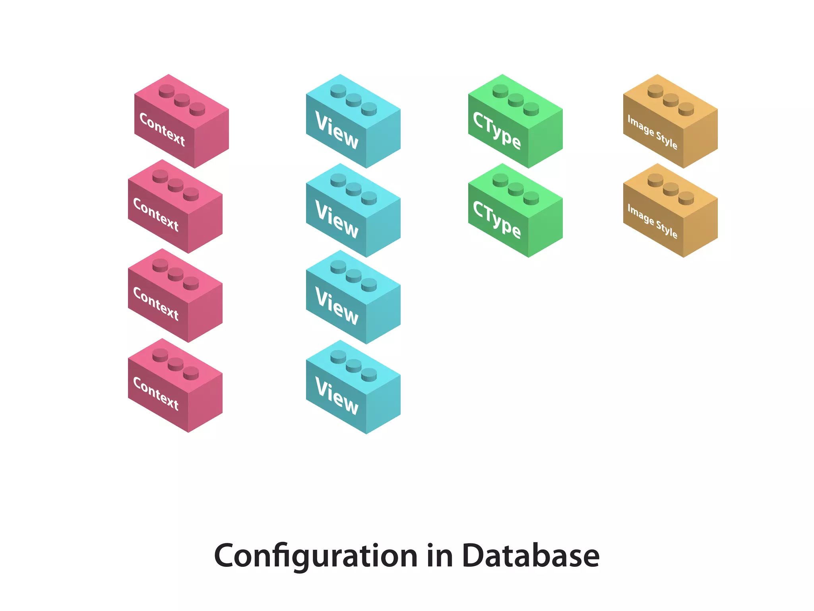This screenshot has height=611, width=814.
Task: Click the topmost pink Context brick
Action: click(181, 122)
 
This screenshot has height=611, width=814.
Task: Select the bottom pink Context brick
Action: click(175, 386)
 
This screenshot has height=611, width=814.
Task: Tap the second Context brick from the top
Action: click(175, 207)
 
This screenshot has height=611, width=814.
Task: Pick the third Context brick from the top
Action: click(175, 296)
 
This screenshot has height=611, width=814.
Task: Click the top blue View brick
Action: click(353, 122)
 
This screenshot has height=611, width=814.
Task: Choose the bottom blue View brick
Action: click(353, 387)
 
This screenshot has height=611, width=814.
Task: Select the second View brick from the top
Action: click(353, 211)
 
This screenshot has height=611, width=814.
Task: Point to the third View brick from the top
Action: click(353, 298)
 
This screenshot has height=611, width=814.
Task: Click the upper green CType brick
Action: click(515, 122)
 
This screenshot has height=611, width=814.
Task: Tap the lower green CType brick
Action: click(515, 211)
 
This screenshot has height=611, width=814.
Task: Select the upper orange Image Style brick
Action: click(670, 122)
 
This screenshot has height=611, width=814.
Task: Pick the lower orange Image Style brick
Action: click(670, 211)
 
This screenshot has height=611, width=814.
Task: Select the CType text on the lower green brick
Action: click(497, 220)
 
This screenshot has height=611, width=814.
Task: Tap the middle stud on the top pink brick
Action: click(182, 99)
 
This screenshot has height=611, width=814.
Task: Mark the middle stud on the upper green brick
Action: click(516, 99)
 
